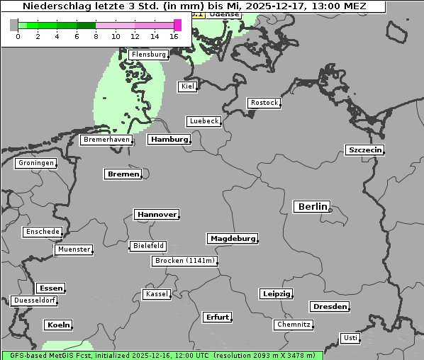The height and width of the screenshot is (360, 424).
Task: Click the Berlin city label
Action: click(312, 206)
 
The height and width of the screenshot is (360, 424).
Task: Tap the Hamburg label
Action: click(169, 140)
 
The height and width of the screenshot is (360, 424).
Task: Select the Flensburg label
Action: click(148, 54)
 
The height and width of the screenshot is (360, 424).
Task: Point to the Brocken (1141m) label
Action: click(184, 261)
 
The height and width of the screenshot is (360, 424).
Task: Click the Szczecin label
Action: click(364, 150)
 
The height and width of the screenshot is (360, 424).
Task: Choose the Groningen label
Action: click(35, 163)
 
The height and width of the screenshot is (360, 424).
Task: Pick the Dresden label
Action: click(329, 307)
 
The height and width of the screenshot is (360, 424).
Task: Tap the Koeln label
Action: click(58, 325)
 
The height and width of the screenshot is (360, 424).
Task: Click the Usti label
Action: click(350, 338)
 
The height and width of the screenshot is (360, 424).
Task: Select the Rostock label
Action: click(264, 103)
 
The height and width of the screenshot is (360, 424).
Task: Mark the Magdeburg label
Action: click(233, 238)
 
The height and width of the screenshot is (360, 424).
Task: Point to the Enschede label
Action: click(42, 232)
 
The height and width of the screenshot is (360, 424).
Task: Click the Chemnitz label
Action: click(294, 325)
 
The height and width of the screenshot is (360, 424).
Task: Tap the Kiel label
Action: click(187, 86)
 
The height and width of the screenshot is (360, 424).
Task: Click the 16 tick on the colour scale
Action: click(174, 36)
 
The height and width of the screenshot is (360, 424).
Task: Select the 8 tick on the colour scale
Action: click(96, 36)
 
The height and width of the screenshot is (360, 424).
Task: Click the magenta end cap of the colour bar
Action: click(177, 26)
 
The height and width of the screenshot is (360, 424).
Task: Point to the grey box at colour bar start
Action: click(14, 26)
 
